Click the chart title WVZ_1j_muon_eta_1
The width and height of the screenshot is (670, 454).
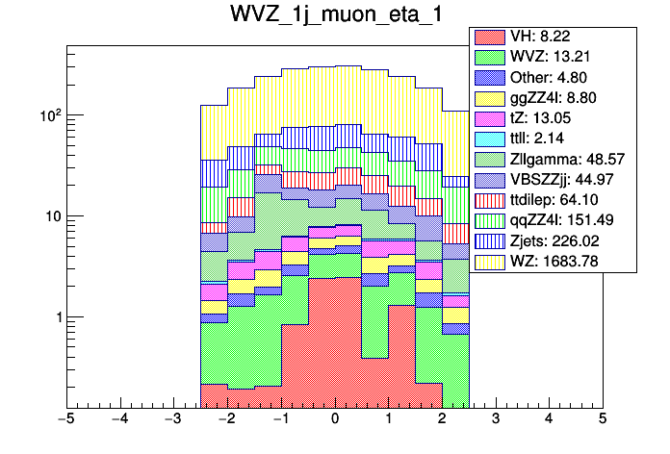(x=334, y=17)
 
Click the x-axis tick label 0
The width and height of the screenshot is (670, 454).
(x=334, y=419)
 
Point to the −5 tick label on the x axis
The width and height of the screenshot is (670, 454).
(x=65, y=419)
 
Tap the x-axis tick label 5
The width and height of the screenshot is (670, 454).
(x=602, y=419)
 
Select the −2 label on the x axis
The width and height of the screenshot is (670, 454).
(x=226, y=419)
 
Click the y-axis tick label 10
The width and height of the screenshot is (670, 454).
(x=49, y=216)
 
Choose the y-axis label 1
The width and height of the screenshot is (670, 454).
(x=55, y=317)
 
